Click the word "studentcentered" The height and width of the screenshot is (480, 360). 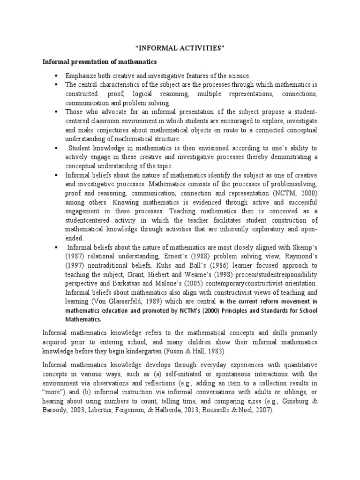click(89, 220)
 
